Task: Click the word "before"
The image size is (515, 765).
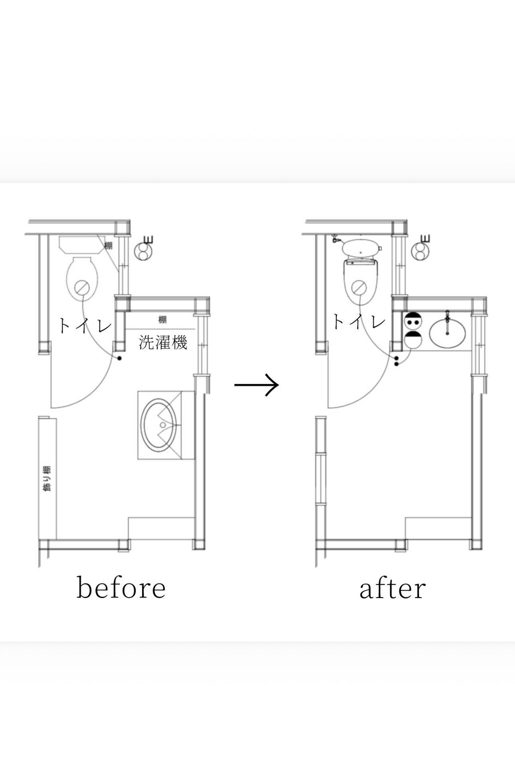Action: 121,587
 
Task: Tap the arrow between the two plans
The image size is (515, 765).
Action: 257,385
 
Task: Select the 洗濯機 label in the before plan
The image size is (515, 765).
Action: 163,342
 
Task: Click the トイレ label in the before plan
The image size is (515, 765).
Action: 85,325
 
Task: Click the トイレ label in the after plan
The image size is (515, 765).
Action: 359,322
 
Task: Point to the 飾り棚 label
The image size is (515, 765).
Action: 47,478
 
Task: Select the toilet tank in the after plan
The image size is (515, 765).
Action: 360,247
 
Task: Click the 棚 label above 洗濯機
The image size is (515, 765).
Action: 162,319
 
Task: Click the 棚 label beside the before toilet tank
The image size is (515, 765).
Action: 108,245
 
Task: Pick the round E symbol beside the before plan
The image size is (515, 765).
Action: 143,251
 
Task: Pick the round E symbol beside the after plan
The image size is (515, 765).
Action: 420,251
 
